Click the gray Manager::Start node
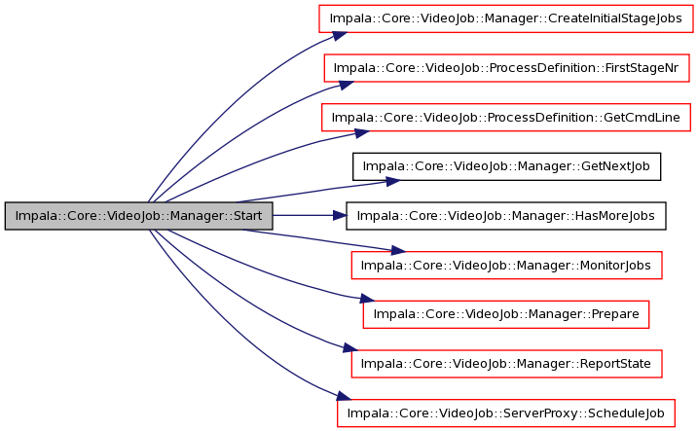click(139, 216)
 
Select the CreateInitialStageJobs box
click(506, 18)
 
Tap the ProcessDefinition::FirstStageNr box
click(506, 68)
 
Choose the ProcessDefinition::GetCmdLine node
click(506, 118)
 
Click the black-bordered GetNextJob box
click(506, 166)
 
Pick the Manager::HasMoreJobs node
click(506, 216)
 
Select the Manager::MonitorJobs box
click(506, 266)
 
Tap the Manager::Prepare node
click(506, 314)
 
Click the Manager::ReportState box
click(506, 364)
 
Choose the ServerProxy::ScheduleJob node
click(506, 413)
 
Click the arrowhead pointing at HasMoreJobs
click(340, 216)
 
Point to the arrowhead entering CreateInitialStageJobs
click(340, 36)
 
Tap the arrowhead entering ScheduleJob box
click(344, 395)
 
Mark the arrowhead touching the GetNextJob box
click(392, 181)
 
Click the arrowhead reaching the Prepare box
click(367, 299)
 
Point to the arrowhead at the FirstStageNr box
click(347, 85)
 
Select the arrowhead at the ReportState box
click(350, 348)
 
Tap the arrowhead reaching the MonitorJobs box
click(398, 251)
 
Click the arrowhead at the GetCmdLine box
click(362, 133)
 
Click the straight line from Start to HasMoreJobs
click(303, 216)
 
